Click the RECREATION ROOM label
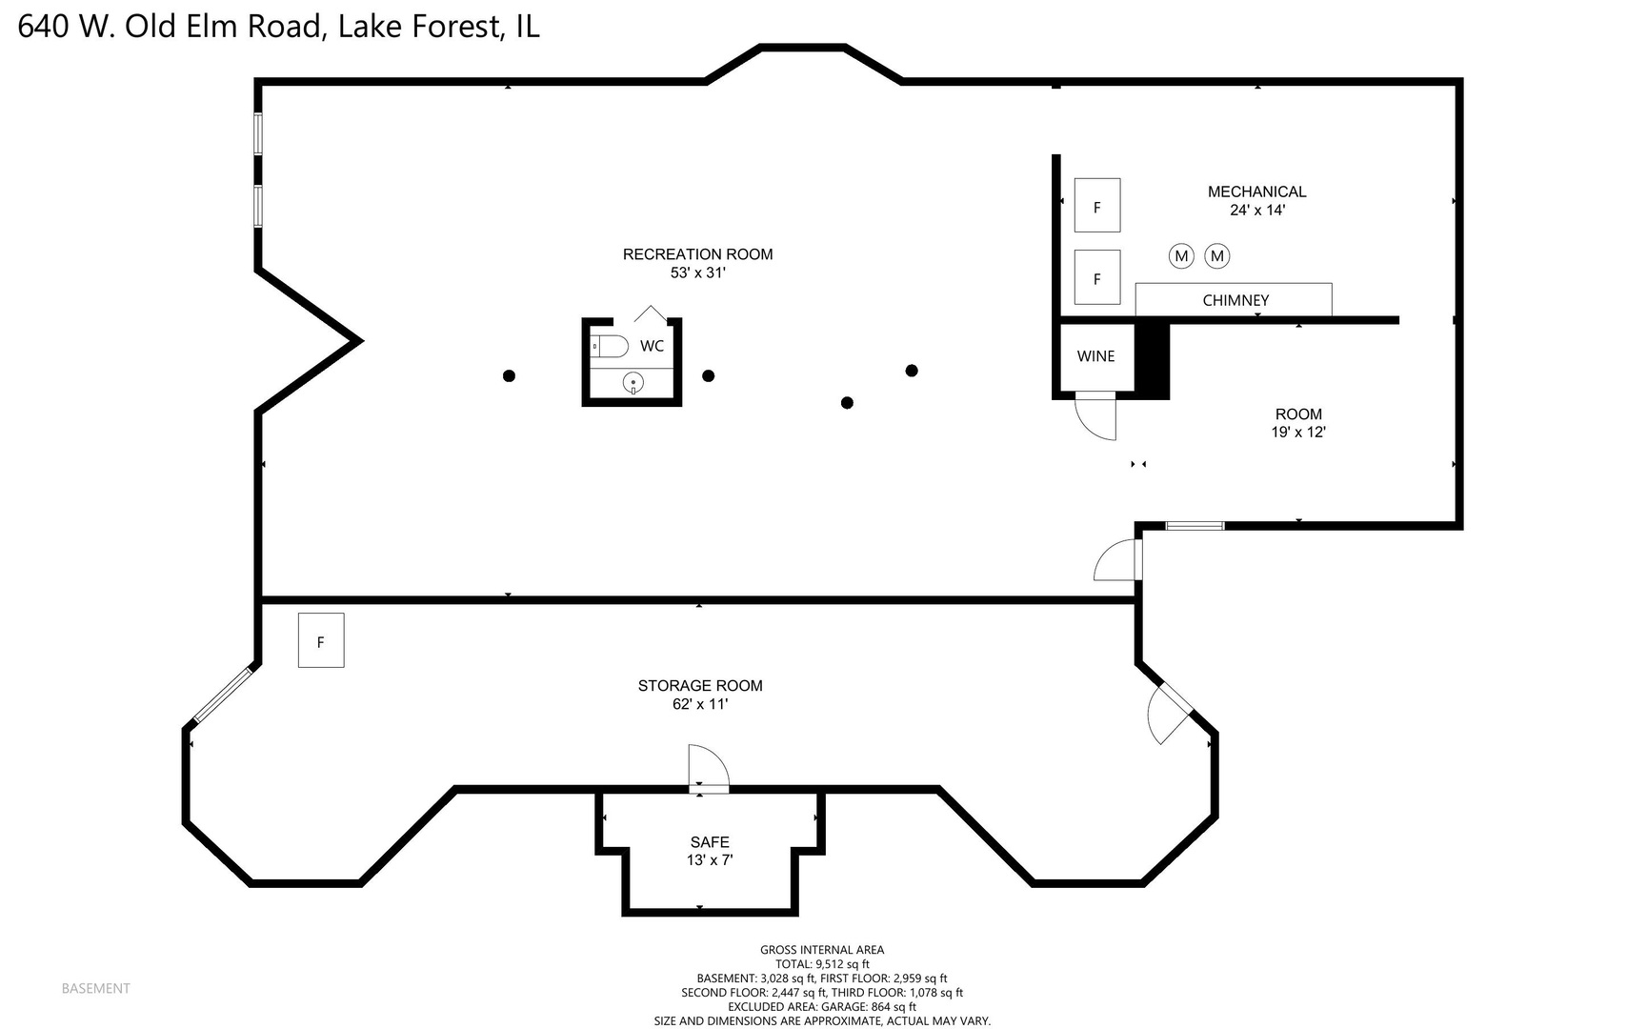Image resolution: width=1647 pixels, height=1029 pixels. [697, 254]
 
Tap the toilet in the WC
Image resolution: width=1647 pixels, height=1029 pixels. [611, 346]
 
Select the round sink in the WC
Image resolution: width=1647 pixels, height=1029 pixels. [633, 383]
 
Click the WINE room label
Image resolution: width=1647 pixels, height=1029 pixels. [1095, 356]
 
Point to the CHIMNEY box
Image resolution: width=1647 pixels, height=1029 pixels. [1235, 300]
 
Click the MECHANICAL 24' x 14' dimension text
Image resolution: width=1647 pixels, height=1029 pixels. [1257, 211]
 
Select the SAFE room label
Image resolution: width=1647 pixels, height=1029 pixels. [710, 842]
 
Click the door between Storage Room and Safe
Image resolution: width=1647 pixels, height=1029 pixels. [708, 770]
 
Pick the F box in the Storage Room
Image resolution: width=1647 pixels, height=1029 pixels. [321, 641]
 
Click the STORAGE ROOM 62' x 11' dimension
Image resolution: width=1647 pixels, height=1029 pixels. [700, 704]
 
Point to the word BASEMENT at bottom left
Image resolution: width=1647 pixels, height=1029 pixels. [95, 989]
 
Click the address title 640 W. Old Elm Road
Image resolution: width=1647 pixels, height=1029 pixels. [278, 26]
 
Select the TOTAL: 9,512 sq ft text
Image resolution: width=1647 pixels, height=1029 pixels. [821, 964]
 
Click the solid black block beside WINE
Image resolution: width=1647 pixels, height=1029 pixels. [1152, 360]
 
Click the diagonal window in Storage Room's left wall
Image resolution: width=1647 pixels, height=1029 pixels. [223, 695]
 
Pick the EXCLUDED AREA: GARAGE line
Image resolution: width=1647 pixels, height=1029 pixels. [821, 1007]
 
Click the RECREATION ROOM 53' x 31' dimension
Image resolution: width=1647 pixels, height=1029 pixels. [697, 273]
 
